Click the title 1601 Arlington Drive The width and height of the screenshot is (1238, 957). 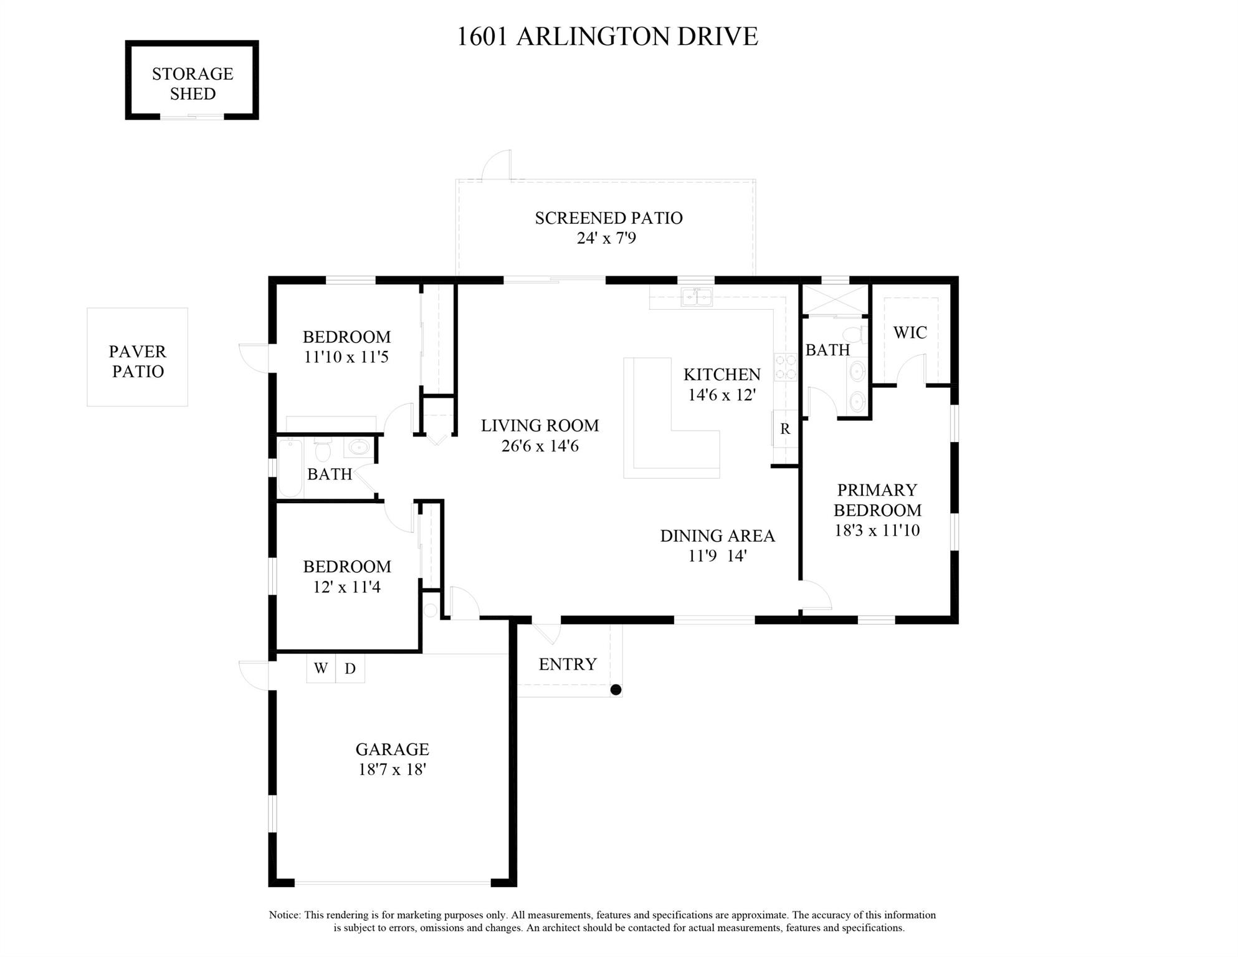[x=607, y=36]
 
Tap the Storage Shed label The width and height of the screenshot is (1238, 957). [x=193, y=84]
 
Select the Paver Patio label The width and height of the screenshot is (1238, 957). [x=138, y=361]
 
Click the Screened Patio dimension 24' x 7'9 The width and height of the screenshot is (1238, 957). [x=606, y=238]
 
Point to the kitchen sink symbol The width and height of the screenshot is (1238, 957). [x=697, y=297]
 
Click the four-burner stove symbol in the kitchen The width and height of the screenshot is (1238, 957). [x=785, y=367]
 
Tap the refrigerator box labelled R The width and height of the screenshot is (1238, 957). [x=785, y=428]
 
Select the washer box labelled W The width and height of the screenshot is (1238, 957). [x=321, y=668]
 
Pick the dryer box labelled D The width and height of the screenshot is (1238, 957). [x=350, y=668]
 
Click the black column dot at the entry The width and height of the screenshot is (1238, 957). [x=616, y=690]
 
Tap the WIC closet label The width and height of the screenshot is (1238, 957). [x=910, y=332]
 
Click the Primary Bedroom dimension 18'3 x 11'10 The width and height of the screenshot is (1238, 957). [x=877, y=531]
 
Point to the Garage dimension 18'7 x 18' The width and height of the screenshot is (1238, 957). [x=392, y=769]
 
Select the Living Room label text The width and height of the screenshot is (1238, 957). [x=540, y=426]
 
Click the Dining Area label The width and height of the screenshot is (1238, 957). [x=717, y=536]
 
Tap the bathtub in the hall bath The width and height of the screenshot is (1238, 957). [x=290, y=468]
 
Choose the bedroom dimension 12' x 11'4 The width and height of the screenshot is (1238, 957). [x=346, y=587]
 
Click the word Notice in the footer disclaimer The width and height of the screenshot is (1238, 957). [x=285, y=915]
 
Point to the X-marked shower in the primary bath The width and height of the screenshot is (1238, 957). [x=834, y=300]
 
